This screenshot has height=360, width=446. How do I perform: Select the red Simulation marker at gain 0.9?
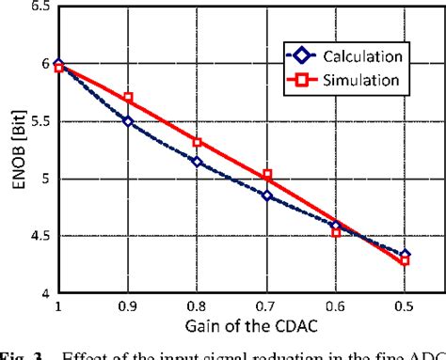pyautogui.click(x=128, y=98)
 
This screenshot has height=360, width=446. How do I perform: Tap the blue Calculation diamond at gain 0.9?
pyautogui.click(x=128, y=121)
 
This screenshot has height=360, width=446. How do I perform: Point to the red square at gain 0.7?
pyautogui.click(x=267, y=174)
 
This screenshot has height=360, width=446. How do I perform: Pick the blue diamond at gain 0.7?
pyautogui.click(x=267, y=196)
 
